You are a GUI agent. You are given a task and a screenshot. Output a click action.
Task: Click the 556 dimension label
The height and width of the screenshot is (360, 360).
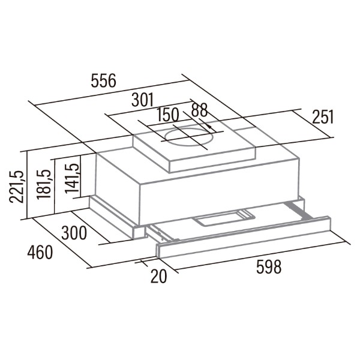[x=104, y=80]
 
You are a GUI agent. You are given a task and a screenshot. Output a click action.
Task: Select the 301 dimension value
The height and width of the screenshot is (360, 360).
[x=142, y=100]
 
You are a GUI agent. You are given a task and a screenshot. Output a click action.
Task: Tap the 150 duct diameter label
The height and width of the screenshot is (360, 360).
[x=167, y=115]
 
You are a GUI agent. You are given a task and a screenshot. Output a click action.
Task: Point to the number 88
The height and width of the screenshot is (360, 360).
[x=200, y=110]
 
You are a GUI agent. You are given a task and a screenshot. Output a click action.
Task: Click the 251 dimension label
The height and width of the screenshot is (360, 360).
[x=323, y=117]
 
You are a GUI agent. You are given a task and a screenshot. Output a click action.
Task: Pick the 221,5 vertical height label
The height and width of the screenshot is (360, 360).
[x=16, y=187]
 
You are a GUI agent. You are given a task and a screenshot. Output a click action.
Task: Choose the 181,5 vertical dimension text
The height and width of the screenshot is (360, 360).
[x=44, y=184]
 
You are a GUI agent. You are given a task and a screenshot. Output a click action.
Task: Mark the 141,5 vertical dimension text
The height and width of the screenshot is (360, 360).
[x=71, y=178]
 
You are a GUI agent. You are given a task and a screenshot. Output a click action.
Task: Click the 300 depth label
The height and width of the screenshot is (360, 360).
[x=74, y=233]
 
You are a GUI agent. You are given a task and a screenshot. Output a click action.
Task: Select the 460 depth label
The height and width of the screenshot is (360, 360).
[x=40, y=252]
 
